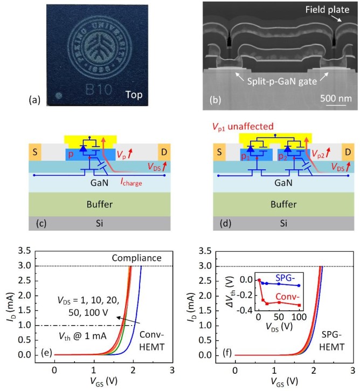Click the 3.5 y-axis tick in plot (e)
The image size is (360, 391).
pos(39,251)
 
